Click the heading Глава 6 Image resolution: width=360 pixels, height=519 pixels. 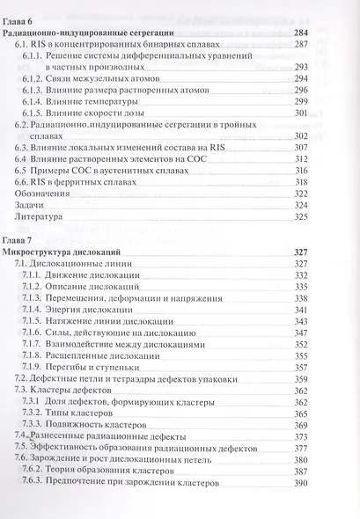tap(20, 19)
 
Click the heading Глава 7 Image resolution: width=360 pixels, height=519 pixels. tap(20, 240)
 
